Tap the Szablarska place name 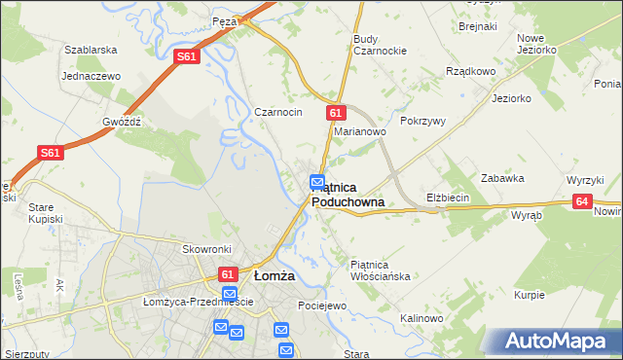91,49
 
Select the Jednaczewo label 90,75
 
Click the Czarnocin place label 278,112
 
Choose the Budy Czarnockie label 380,45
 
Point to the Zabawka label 503,178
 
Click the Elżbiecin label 448,198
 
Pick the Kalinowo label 421,318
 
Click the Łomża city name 274,275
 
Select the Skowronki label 206,249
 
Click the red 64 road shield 582,201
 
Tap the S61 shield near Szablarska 189,58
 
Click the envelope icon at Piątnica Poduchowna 317,181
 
